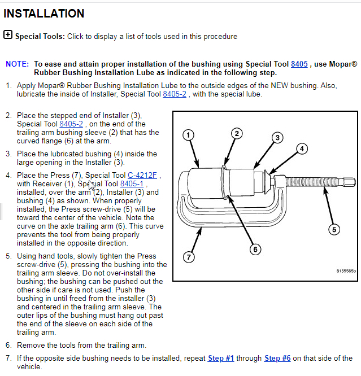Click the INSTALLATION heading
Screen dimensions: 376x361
[44, 14]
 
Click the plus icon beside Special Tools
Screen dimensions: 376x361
[8, 35]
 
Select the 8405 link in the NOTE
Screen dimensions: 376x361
[299, 64]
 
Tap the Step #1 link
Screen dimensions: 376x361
[221, 358]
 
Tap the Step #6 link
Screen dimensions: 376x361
[277, 358]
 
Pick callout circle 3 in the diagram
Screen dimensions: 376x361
[277, 137]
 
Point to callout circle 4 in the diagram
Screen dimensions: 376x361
[302, 149]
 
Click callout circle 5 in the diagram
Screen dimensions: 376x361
[334, 229]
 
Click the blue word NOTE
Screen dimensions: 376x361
[18, 64]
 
